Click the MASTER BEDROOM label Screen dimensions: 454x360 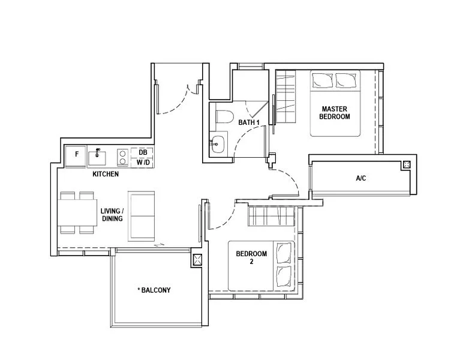(335, 113)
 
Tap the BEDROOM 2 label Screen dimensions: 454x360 (251, 257)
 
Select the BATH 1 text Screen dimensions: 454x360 (249, 122)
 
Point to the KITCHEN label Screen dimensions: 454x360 (106, 174)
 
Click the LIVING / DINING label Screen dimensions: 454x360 (112, 215)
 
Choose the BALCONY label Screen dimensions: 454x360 (154, 290)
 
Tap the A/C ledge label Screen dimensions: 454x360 (361, 178)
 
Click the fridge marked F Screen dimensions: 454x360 (76, 157)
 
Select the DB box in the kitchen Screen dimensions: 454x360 (142, 152)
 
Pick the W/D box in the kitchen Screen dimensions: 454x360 (142, 162)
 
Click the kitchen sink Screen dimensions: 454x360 (97, 157)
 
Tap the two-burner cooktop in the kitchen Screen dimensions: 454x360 (122, 157)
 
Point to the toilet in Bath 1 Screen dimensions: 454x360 (224, 117)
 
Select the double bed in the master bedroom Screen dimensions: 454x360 (335, 103)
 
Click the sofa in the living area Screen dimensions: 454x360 (142, 216)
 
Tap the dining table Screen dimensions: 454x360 (77, 212)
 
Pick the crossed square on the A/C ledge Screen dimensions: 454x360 (406, 165)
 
